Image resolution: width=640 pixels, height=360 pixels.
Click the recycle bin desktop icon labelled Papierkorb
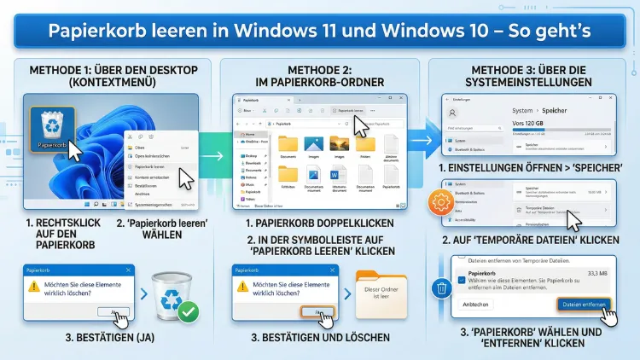54,128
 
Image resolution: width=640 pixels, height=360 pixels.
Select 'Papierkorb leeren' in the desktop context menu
154,166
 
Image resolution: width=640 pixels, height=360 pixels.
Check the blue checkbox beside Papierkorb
461,277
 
